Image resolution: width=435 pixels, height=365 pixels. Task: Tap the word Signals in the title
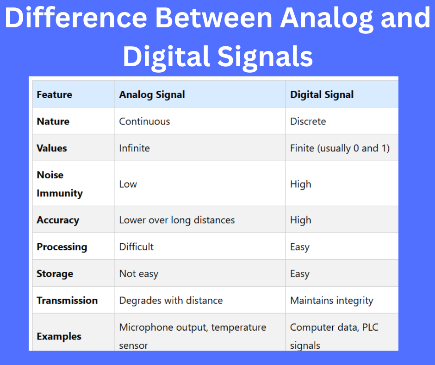pyautogui.click(x=266, y=57)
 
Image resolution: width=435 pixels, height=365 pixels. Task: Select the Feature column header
pyautogui.click(x=55, y=94)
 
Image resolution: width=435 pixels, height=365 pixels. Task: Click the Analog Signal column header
pyautogui.click(x=152, y=94)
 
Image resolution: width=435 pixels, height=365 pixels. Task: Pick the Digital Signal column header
pyautogui.click(x=322, y=94)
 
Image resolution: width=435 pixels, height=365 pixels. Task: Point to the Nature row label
pyautogui.click(x=53, y=121)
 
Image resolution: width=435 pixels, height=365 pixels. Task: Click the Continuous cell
pyautogui.click(x=144, y=121)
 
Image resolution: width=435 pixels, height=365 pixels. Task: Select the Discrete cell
pyautogui.click(x=308, y=121)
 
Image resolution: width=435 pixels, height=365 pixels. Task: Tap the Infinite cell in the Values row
pyautogui.click(x=134, y=148)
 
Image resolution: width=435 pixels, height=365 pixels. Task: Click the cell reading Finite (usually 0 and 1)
pyautogui.click(x=340, y=148)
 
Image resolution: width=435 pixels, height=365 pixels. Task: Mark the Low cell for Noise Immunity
pyautogui.click(x=128, y=184)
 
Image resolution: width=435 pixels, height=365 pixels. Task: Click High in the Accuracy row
pyautogui.click(x=300, y=220)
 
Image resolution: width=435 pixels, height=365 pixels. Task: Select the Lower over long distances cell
pyautogui.click(x=177, y=220)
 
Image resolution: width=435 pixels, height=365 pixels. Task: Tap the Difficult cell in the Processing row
pyautogui.click(x=136, y=247)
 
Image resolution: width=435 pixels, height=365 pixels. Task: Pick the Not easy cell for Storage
pyautogui.click(x=138, y=274)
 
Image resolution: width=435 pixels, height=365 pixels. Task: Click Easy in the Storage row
pyautogui.click(x=299, y=274)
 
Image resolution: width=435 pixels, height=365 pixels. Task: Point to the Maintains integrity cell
pyautogui.click(x=331, y=300)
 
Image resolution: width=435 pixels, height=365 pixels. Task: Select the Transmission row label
pyautogui.click(x=67, y=300)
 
